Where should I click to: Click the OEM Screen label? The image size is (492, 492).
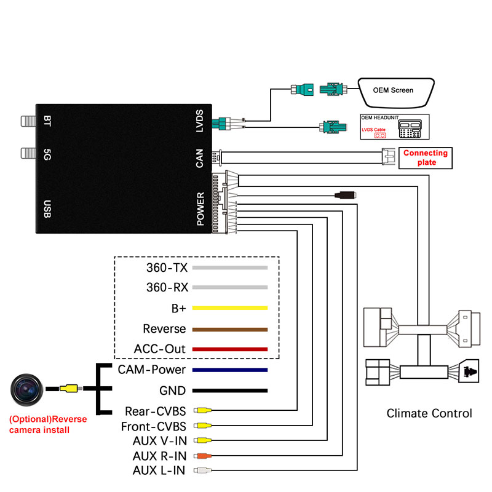pos(393,90)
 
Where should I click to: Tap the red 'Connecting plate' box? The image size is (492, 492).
pos(426,158)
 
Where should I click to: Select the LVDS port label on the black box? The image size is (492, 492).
pos(199,121)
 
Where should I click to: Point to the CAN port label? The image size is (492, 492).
pos(199,158)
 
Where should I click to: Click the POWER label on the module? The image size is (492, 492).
pos(200,208)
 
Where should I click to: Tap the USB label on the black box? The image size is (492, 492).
pos(47,208)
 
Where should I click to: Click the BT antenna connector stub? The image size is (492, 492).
pos(28,121)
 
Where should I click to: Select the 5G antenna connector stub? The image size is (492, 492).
pos(28,153)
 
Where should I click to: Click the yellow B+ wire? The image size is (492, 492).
pos(229,308)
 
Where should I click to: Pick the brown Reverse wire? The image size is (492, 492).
pos(229,330)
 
